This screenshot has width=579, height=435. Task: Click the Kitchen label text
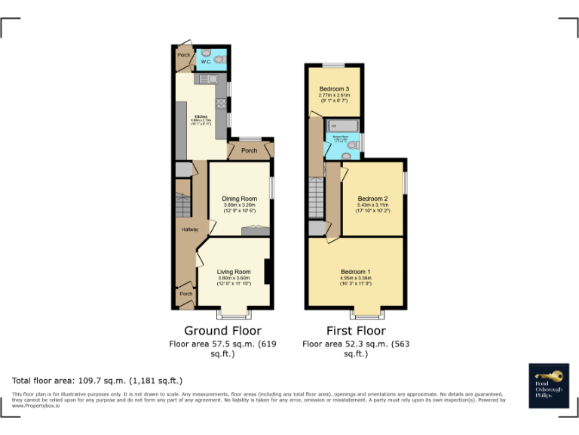click(201, 116)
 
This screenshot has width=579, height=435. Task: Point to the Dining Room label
click(239, 199)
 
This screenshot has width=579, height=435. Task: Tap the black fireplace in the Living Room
click(268, 272)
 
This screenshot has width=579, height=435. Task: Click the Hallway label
click(189, 230)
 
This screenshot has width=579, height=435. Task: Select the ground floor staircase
click(183, 205)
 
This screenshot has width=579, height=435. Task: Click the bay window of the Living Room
click(234, 313)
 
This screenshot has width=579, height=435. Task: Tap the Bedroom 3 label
click(333, 89)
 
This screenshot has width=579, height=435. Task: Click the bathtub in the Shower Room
click(342, 125)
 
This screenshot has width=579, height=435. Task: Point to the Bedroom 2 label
click(372, 199)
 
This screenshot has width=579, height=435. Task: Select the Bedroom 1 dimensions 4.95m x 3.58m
click(355, 278)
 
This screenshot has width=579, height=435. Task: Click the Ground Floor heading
click(222, 331)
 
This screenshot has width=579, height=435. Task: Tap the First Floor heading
click(355, 331)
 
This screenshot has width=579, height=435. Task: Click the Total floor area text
click(97, 381)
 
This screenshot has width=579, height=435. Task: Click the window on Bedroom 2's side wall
click(405, 183)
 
